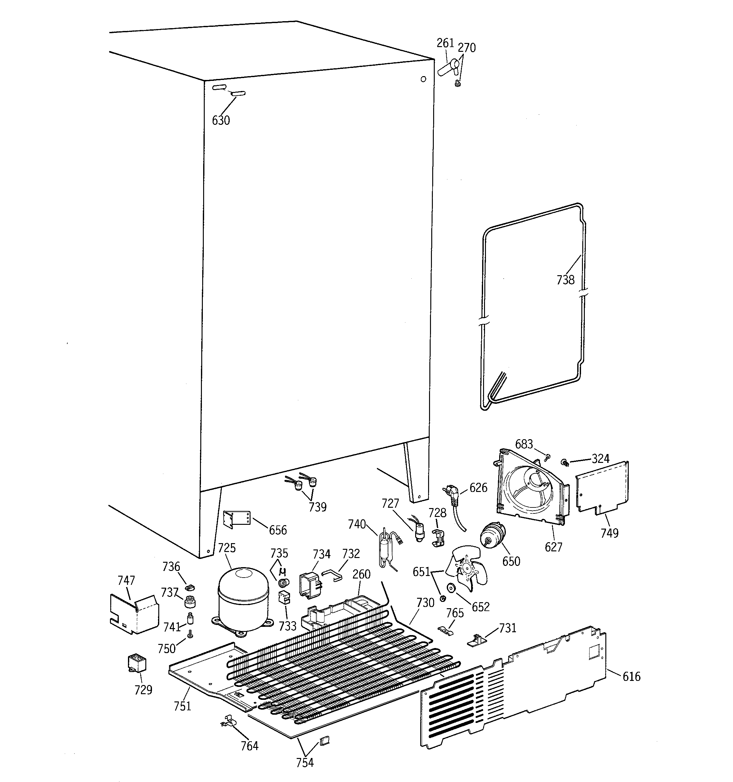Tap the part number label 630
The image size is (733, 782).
(x=221, y=120)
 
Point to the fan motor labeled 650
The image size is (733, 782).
(x=492, y=536)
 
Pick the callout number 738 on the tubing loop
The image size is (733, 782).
(x=566, y=280)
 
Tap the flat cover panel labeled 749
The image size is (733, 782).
(x=602, y=488)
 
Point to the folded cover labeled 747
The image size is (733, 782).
(x=134, y=614)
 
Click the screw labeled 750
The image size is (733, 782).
(x=191, y=634)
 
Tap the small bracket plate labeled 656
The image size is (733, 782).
(x=236, y=518)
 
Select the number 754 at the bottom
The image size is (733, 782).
(x=305, y=762)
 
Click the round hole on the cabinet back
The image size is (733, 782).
(x=423, y=79)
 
